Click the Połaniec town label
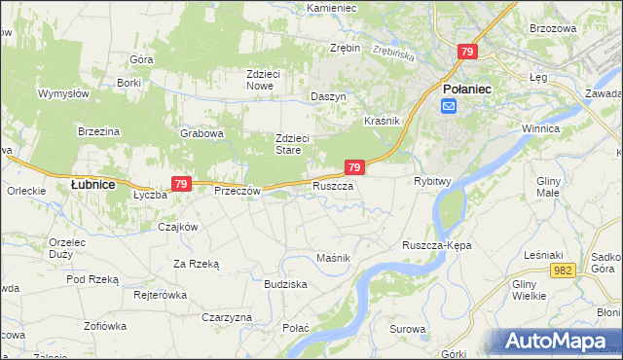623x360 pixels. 466,89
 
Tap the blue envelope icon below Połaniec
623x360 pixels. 449,106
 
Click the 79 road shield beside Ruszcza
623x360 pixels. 354,167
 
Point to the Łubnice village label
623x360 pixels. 93,183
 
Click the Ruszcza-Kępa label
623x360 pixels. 436,246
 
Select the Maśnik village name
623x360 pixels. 333,257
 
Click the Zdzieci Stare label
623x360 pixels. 292,144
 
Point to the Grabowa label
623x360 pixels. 202,133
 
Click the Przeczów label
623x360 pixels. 237,191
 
